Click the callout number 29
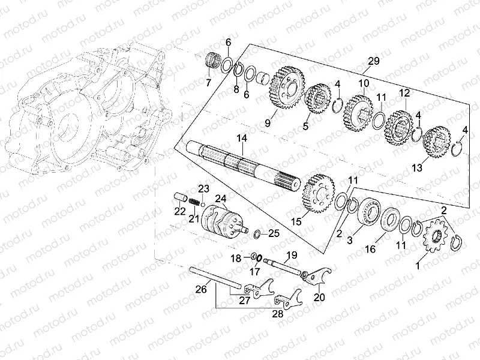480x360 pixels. [x=373, y=61]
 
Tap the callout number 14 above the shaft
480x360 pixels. [x=241, y=139]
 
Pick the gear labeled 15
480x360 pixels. [x=319, y=193]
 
